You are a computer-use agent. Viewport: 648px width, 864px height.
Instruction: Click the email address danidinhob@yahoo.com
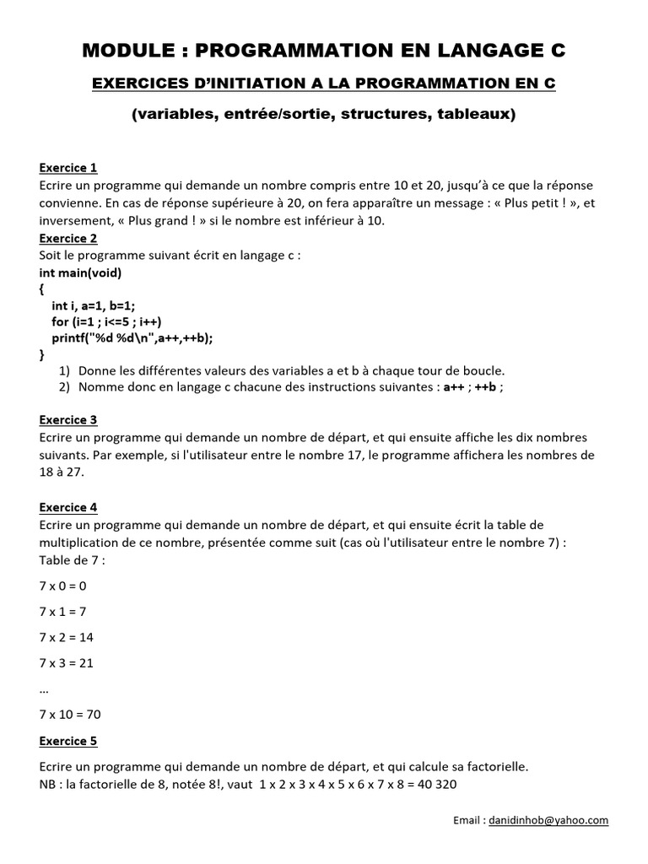coord(548,819)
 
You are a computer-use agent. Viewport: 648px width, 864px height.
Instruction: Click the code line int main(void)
coord(80,273)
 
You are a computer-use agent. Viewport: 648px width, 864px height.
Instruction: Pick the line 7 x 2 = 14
coord(66,636)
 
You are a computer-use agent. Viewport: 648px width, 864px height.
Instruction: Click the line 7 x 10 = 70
coord(70,714)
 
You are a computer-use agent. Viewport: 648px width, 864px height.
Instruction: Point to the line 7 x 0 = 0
coord(62,584)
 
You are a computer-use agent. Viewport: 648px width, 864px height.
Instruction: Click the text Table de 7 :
coord(72,559)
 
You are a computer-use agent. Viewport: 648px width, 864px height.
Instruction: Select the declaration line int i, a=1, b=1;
coord(94,305)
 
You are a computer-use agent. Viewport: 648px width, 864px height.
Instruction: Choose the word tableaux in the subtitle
coord(472,114)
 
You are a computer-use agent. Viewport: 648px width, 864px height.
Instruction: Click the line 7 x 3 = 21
coord(66,662)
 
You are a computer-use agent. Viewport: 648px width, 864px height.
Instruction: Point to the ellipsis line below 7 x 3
coord(44,688)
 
